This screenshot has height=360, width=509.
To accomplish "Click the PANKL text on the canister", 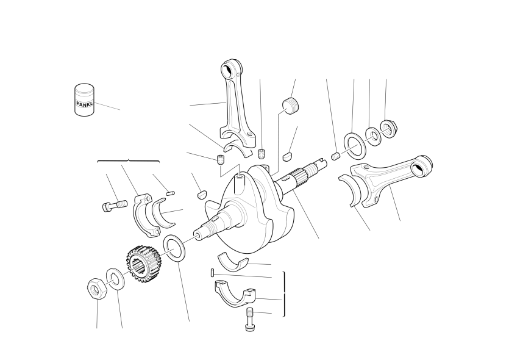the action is coord(84,104).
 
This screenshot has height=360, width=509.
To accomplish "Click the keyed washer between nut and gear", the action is coord(115,279).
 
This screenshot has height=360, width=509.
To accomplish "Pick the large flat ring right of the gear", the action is coord(174,248).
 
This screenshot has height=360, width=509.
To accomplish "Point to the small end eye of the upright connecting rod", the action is coord(227,69).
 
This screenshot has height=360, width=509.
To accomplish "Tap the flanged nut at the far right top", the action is coord(388,129).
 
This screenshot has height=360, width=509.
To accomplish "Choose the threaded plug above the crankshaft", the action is coord(290,105).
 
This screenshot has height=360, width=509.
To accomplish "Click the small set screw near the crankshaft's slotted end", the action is coord(336,156).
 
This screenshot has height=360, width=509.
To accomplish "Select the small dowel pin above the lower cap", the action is coord(212,272).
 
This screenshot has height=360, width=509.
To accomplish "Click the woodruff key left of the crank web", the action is coord(202,194).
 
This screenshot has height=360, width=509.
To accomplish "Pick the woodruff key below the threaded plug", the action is coord(287,156).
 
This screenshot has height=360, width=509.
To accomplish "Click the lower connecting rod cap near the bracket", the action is coord(234,294).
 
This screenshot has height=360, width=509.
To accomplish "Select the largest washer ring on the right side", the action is coord(355,144).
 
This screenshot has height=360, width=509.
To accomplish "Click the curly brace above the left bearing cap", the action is coord(128,160).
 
